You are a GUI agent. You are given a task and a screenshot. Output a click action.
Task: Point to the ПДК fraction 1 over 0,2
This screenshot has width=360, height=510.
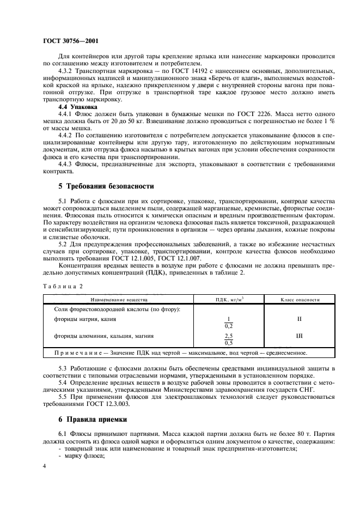click(x=229, y=323)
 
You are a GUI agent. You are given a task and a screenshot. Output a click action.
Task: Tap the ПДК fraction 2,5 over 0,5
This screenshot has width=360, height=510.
click(x=229, y=339)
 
